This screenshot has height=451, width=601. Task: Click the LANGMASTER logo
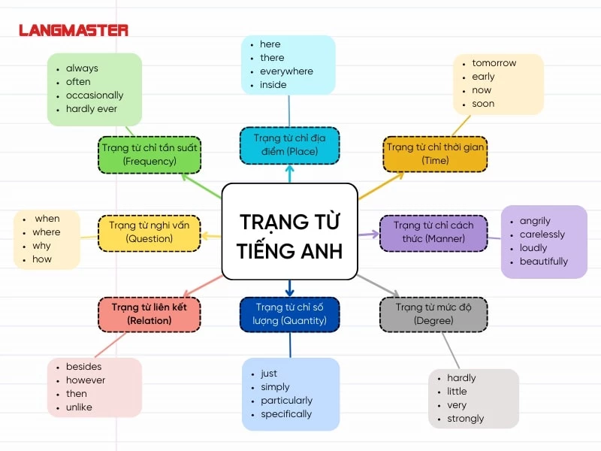[74, 31]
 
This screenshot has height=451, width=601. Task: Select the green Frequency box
[149, 155]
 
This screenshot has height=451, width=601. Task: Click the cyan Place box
[289, 145]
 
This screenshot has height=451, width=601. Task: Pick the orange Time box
[435, 154]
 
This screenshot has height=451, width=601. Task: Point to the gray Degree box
[433, 314]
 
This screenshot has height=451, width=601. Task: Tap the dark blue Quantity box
[289, 314]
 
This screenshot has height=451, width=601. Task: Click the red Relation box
[149, 314]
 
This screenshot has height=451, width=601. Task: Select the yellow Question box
[149, 232]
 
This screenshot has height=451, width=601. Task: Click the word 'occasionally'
[95, 95]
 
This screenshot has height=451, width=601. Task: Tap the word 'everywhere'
[286, 71]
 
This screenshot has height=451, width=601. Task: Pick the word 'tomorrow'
[494, 63]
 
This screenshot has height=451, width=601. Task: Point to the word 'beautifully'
[544, 262]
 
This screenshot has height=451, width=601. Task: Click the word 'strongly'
[466, 419]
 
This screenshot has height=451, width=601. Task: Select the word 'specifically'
[286, 414]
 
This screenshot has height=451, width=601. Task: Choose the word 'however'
[86, 380]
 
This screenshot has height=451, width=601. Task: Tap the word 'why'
[41, 246]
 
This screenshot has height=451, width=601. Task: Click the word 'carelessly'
[542, 235]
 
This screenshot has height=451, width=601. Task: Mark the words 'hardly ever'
[92, 109]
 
